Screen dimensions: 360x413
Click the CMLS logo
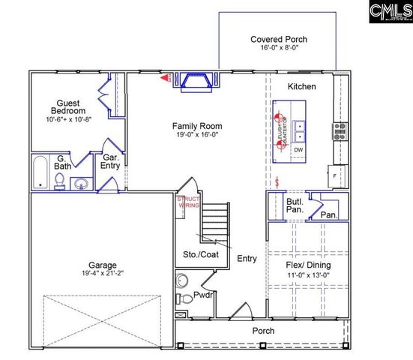coord(391,13)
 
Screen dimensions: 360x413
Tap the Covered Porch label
coord(279,40)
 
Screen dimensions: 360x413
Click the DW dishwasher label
coord(298,150)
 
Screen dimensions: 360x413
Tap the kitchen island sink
coord(299,132)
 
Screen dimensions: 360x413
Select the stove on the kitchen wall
coord(340,132)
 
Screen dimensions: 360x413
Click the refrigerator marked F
coord(335,175)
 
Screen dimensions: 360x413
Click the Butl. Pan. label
coord(295,205)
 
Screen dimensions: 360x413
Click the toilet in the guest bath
coord(59,180)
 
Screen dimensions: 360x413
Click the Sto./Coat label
coord(200,256)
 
